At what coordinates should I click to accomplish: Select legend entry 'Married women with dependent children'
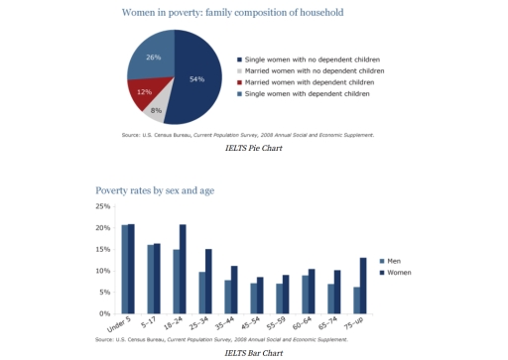(x=309, y=82)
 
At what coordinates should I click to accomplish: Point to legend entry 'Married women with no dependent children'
(x=313, y=71)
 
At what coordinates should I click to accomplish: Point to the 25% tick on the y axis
(x=102, y=206)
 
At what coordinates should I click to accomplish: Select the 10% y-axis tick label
(x=102, y=271)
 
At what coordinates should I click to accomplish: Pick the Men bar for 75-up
(x=357, y=300)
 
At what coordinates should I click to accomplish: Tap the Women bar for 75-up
(x=364, y=286)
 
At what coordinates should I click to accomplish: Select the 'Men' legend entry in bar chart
(x=394, y=260)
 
